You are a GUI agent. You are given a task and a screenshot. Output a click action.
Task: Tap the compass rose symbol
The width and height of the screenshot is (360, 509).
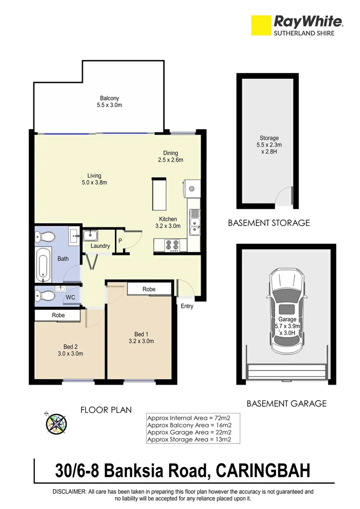(x=56, y=423)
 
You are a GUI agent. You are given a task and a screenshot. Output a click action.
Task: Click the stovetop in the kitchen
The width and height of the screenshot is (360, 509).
(x=171, y=245)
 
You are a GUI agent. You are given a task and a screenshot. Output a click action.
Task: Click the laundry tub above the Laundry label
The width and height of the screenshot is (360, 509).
(x=90, y=235)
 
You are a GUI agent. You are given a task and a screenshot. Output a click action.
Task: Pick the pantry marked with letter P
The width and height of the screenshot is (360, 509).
(x=120, y=241)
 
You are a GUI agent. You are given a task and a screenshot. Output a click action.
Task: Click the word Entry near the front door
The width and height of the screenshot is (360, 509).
(x=187, y=306)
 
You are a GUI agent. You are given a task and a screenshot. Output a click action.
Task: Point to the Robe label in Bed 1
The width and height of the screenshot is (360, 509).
(x=149, y=289)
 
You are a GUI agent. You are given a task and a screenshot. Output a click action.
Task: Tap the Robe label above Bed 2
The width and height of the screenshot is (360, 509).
(x=58, y=315)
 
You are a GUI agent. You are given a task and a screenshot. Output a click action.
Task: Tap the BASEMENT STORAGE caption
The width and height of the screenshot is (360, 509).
(x=269, y=223)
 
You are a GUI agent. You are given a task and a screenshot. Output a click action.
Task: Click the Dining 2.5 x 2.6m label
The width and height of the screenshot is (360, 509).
(x=171, y=156)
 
